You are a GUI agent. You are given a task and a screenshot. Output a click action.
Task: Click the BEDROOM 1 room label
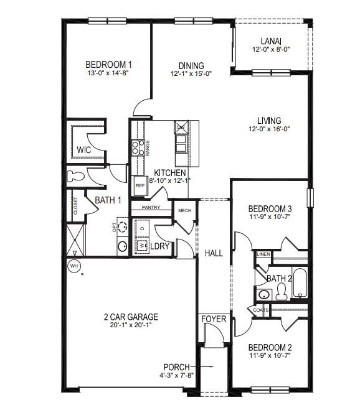pos(108,64)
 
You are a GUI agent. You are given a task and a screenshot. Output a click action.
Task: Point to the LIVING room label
pos(269,120)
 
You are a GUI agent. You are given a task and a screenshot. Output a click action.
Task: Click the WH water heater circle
pos(74,266)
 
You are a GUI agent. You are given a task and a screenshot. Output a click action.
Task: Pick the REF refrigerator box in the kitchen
pos(140,185)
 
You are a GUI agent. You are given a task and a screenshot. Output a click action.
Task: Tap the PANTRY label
pos(151,207)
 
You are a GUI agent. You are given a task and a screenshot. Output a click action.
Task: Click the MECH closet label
pos(184,211)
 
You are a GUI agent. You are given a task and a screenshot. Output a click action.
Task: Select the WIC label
pos(84,150)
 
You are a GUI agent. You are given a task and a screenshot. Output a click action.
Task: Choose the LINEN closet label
pos(263,254)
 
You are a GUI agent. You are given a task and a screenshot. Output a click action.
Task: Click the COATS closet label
pos(261,309)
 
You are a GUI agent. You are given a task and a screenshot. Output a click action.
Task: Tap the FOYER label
pos(213,319)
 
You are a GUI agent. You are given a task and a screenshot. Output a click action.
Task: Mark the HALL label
pos(214,253)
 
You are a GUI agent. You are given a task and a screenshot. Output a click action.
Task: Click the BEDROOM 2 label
pos(270,347)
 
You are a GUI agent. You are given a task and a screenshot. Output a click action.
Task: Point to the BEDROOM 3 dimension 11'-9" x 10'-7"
pos(270,217)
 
